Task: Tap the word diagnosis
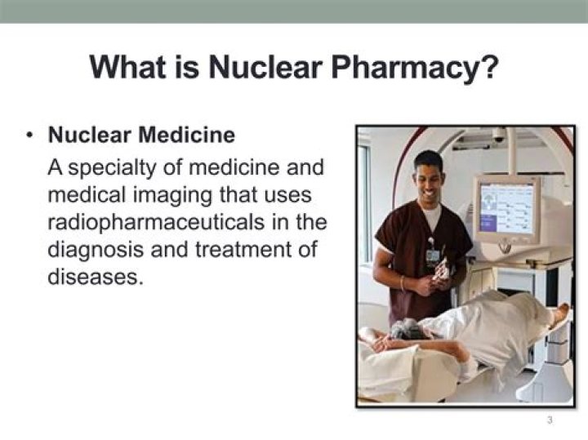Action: click(99, 250)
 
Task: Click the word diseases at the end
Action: click(95, 277)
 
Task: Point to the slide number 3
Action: click(550, 420)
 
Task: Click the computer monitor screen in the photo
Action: click(506, 208)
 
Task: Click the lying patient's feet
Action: click(560, 314)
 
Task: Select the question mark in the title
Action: click(488, 65)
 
